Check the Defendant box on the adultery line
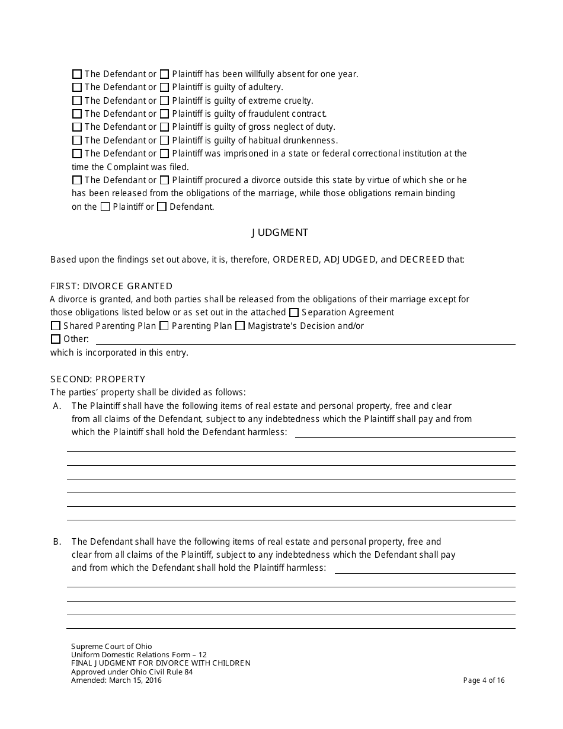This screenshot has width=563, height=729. click(77, 88)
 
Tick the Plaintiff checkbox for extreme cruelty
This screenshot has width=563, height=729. click(165, 101)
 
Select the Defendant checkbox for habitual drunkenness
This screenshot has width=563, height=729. click(77, 140)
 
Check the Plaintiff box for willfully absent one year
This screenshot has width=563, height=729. click(165, 75)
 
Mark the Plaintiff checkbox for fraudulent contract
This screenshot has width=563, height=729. click(165, 114)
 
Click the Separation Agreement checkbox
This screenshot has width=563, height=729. click(294, 312)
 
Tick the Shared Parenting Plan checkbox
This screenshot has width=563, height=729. click(56, 326)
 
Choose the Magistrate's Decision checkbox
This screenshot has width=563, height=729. click(240, 326)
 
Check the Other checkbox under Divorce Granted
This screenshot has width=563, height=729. click(56, 340)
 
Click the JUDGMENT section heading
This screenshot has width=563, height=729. click(280, 233)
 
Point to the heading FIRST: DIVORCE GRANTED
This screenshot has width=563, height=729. click(111, 286)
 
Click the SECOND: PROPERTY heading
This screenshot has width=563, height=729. click(98, 379)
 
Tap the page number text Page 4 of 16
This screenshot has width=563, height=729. click(484, 680)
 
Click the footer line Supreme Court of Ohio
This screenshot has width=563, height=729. click(111, 647)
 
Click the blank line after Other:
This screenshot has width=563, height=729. click(305, 340)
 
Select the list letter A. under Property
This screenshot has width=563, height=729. click(57, 406)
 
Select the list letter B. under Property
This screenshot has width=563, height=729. click(57, 542)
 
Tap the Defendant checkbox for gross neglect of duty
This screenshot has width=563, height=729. click(77, 127)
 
